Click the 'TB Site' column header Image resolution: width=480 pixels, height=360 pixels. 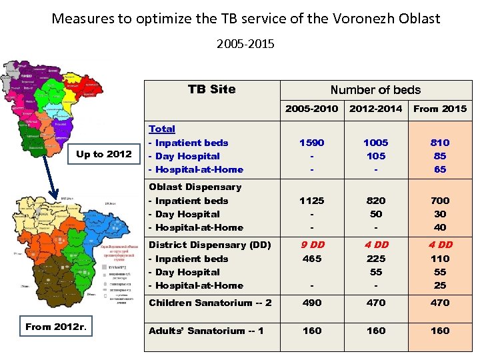211,89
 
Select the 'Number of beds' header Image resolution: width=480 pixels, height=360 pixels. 375,90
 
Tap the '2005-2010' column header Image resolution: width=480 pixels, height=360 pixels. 311,109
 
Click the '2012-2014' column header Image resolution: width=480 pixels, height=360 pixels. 376,109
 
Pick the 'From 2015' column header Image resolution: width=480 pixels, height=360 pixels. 440,109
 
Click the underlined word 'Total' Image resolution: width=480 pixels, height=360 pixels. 162,129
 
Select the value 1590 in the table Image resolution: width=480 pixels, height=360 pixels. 311,143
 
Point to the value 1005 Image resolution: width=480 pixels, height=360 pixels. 376,143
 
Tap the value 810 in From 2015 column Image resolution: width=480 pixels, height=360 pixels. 440,143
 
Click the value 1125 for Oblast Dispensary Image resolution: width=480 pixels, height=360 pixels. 311,201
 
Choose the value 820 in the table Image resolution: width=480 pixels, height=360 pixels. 376,201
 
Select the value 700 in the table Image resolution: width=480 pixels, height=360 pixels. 440,201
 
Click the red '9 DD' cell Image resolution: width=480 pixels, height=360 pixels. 311,245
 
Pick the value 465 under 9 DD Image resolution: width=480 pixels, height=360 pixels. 311,259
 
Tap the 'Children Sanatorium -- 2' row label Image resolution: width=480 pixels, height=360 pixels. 210,303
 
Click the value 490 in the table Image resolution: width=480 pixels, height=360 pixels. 311,303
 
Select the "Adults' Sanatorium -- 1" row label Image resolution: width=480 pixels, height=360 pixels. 206,331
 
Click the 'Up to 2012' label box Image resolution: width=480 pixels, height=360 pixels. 104,154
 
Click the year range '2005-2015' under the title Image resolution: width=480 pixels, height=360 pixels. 245,45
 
